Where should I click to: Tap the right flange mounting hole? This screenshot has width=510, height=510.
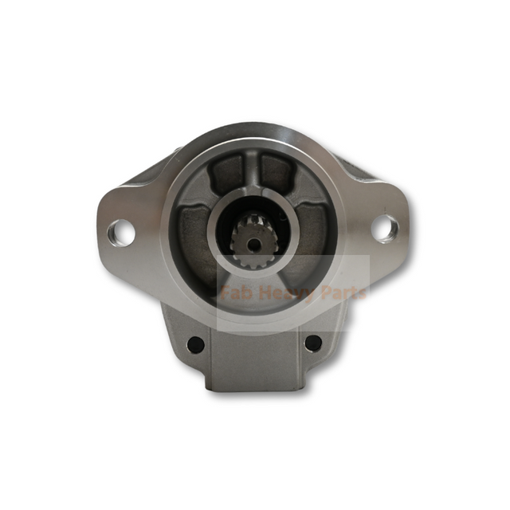(384, 228)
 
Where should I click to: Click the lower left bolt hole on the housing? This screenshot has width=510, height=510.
(194, 344)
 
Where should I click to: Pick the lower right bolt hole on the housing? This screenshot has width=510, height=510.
(313, 343)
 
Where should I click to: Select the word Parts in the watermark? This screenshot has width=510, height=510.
(340, 292)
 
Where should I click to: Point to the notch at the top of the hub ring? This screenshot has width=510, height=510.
(252, 197)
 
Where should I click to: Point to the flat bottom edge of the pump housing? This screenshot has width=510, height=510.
(253, 389)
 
